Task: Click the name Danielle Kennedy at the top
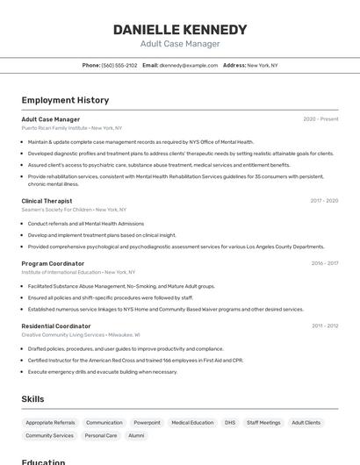click(x=180, y=30)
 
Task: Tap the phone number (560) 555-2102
click(x=119, y=65)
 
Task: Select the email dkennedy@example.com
click(x=189, y=65)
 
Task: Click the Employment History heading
click(x=65, y=100)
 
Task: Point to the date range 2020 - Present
click(x=320, y=119)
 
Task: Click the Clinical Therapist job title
click(x=47, y=201)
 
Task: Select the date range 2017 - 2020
click(x=324, y=201)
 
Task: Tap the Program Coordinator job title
click(x=53, y=263)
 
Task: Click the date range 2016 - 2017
click(x=325, y=263)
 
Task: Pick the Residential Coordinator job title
click(x=56, y=325)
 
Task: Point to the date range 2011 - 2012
click(x=325, y=325)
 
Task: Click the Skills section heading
click(x=32, y=399)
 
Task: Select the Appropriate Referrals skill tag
click(x=50, y=423)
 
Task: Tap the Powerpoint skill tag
click(x=147, y=423)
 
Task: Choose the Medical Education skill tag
click(x=192, y=423)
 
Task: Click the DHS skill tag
click(x=230, y=423)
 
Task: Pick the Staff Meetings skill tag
click(x=263, y=423)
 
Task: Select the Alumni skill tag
click(x=136, y=435)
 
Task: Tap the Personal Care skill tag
click(x=101, y=435)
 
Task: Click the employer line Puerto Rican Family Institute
click(x=54, y=128)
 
